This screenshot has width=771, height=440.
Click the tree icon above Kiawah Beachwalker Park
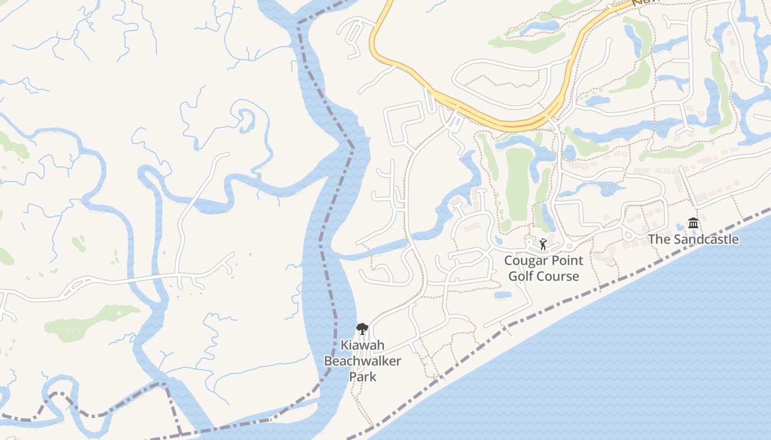click(x=362, y=329)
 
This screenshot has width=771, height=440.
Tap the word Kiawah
click(x=362, y=345)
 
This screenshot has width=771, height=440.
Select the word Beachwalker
click(x=362, y=361)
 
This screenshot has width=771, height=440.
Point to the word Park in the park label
click(x=362, y=377)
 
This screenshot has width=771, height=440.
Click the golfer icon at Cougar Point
click(x=543, y=244)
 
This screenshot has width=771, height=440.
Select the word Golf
click(x=522, y=276)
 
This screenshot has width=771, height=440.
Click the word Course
click(x=559, y=276)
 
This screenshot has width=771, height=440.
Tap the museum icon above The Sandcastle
click(x=693, y=223)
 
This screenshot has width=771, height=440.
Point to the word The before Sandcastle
click(x=658, y=239)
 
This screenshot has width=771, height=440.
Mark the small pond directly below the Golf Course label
click(x=502, y=295)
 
